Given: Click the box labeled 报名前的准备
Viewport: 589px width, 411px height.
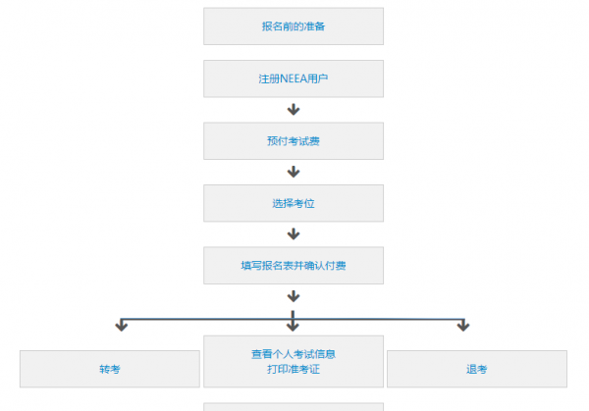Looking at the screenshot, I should [293, 26].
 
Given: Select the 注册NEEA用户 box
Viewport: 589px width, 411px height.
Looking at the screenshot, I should [293, 78].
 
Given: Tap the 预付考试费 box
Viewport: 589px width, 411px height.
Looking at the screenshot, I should [293, 141].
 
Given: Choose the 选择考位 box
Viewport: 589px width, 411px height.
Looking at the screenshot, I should [293, 203].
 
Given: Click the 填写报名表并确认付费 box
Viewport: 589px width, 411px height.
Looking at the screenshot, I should [293, 265].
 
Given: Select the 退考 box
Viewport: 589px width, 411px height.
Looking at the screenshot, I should [476, 369].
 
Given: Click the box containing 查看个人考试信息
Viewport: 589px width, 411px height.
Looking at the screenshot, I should [293, 361].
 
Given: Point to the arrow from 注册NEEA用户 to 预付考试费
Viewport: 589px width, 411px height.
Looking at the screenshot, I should [293, 110].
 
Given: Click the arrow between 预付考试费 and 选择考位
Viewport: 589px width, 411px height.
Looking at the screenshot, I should [293, 172].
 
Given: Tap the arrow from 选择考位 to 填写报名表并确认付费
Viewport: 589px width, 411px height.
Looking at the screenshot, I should [293, 233].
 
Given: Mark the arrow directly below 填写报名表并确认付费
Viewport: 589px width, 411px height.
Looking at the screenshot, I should [293, 295].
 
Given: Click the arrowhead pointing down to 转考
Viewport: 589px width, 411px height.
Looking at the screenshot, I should [122, 325].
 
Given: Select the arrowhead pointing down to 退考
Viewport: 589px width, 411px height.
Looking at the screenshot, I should [463, 325].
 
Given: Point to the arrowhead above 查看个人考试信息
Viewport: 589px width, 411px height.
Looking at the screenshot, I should [293, 325].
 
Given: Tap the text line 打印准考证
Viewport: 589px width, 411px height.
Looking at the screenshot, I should [293, 370].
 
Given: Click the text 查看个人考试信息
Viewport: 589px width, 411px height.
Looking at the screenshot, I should [293, 353].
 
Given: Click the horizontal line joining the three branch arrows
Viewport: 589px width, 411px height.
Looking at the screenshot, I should [206, 319].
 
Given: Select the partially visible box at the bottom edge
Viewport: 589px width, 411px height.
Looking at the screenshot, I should [293, 406].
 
